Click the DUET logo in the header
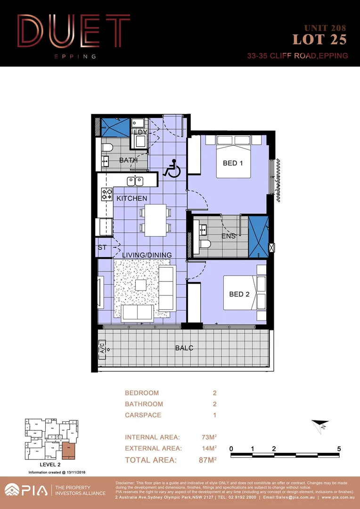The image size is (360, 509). point(73,33)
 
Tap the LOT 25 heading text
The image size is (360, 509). point(319,40)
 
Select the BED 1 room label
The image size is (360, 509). point(233,164)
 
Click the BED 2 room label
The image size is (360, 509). point(239,294)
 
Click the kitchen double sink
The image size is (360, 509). point(135,181)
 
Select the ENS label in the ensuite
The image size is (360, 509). point(229,236)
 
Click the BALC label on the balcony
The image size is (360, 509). point(184,348)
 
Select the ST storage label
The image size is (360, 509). point(102,247)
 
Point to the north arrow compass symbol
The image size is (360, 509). point(319,426)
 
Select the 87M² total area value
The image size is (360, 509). point(207,460)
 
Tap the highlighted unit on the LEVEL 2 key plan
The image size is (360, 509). point(68,451)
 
